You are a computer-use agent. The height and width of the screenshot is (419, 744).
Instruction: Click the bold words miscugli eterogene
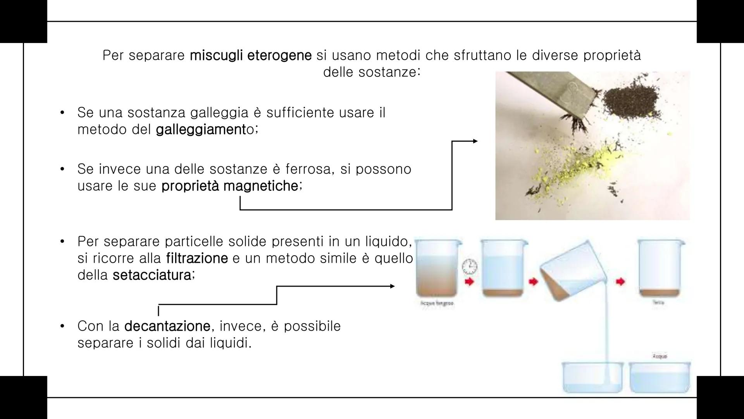(250, 55)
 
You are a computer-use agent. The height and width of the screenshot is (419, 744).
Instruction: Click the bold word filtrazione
(197, 258)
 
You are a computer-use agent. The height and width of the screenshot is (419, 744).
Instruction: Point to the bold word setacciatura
(152, 275)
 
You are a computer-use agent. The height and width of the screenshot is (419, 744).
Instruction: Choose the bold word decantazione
(167, 326)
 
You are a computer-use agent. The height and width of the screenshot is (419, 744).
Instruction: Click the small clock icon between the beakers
(470, 267)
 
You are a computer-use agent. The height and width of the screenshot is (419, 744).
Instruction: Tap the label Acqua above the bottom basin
(659, 356)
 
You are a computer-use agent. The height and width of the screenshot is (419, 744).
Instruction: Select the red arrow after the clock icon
(470, 282)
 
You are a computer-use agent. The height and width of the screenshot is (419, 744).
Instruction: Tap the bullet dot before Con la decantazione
(62, 326)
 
